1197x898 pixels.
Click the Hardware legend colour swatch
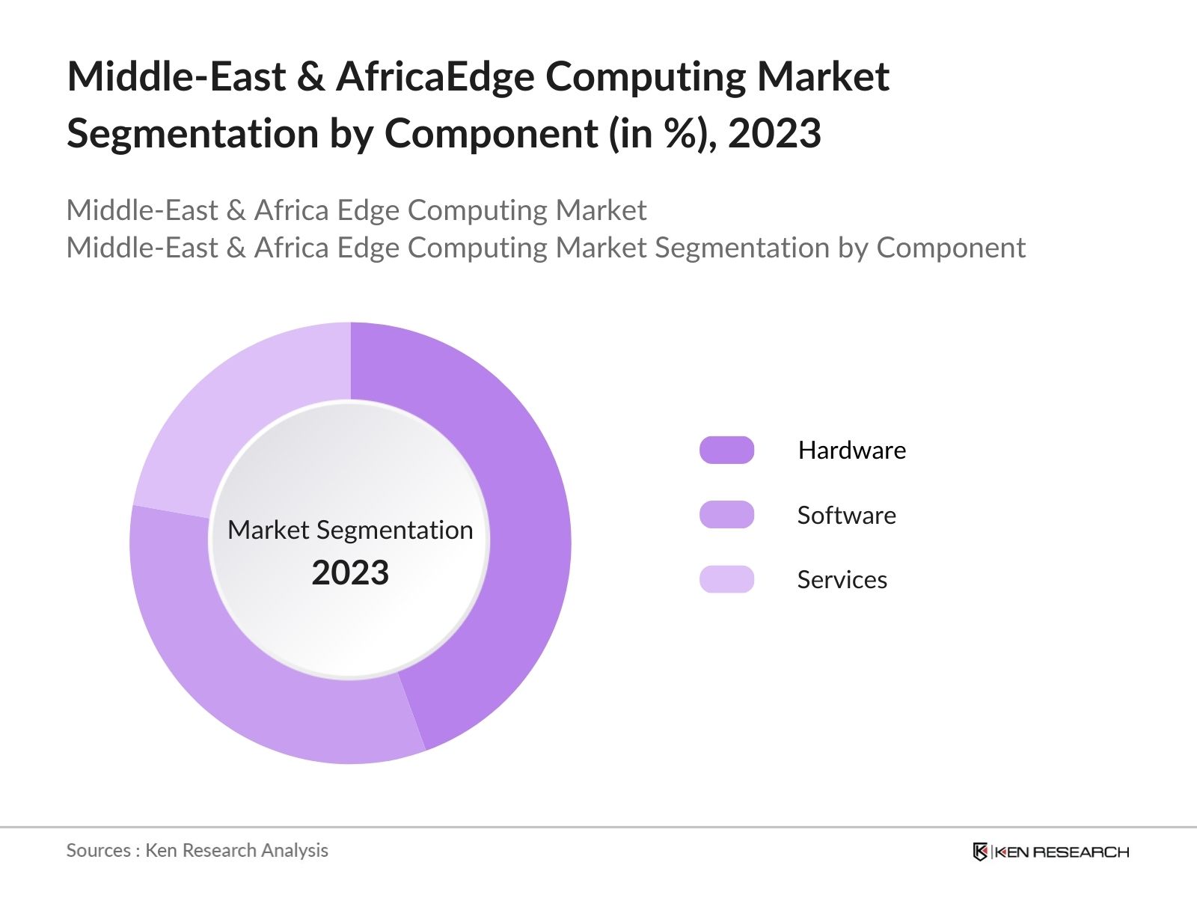tap(726, 450)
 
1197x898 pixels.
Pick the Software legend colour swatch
tap(726, 515)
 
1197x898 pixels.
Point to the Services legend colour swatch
tap(726, 579)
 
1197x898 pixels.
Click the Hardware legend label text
tap(851, 450)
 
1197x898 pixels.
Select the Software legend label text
tap(846, 515)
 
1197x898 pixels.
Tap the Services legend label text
tap(842, 579)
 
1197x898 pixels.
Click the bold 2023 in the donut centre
tap(350, 573)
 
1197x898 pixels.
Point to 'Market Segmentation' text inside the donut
tap(350, 530)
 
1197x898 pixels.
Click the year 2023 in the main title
tap(774, 133)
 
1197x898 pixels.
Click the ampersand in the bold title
tap(310, 76)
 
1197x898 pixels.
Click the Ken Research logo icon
tap(980, 852)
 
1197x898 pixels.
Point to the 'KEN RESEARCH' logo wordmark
tap(1062, 852)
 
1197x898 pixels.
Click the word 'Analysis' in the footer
tap(299, 850)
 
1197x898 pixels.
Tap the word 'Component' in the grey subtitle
tap(950, 248)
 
